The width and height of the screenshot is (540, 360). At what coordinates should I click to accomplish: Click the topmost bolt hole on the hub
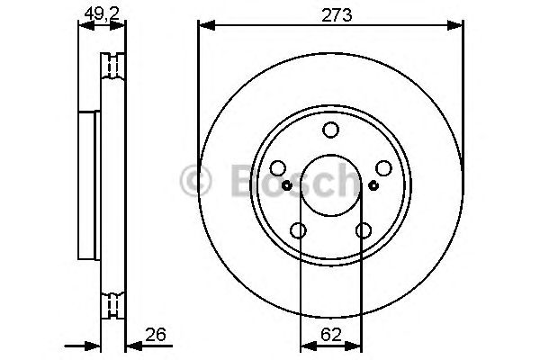(x=330, y=131)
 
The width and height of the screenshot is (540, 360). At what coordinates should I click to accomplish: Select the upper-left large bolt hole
(x=277, y=169)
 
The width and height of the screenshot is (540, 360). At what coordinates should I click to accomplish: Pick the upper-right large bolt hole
(x=383, y=169)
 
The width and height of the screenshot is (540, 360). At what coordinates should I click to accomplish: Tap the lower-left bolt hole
(x=298, y=231)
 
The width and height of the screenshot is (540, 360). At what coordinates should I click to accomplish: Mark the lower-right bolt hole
(x=363, y=231)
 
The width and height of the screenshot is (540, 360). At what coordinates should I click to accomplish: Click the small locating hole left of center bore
(x=287, y=186)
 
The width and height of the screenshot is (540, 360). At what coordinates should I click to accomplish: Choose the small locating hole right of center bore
(x=373, y=186)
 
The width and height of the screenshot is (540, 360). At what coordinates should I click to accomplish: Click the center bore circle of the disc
(x=330, y=187)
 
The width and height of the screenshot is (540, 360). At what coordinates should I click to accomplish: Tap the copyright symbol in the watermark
(x=197, y=180)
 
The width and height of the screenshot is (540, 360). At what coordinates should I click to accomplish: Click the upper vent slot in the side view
(x=113, y=67)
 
